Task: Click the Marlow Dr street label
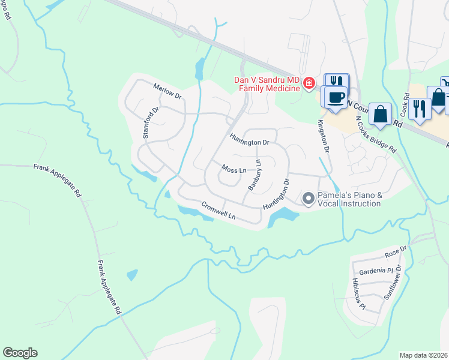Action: pos(167,91)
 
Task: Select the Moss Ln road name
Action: pos(234,169)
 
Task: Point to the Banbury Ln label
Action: pos(255,175)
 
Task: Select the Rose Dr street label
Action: pos(396,250)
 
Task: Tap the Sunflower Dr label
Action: pos(396,287)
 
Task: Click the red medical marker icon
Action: pos(309,83)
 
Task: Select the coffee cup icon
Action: pos(334,97)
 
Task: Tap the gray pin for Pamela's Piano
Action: pos(309,198)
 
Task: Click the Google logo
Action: pos(20,353)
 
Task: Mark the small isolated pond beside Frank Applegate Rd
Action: pos(131,275)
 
